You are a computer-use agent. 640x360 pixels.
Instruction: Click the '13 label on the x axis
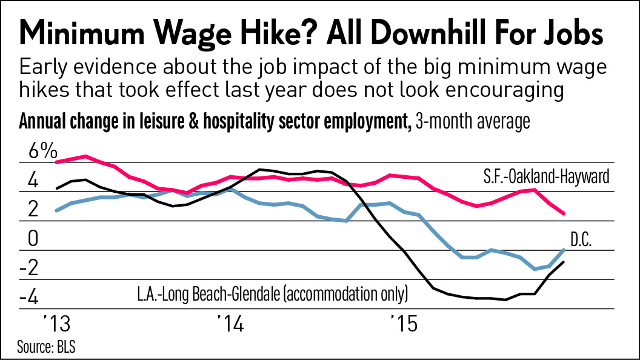56,324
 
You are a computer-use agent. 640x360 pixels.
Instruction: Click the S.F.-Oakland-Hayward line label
545,178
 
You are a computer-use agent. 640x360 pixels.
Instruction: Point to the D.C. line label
581,239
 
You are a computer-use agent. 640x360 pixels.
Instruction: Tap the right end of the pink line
564,213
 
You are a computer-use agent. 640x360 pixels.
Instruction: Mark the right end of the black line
564,262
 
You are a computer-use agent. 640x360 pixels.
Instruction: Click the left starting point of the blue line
56,210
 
